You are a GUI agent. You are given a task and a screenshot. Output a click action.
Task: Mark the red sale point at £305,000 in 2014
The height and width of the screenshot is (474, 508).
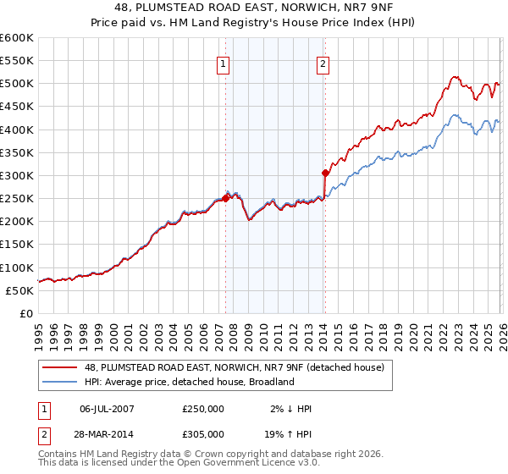coord(325,173)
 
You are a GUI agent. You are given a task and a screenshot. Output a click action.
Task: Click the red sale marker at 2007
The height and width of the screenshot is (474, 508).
coord(225,198)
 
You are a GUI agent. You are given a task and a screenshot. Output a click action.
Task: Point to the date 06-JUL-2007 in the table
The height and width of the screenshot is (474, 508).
coord(106,409)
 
